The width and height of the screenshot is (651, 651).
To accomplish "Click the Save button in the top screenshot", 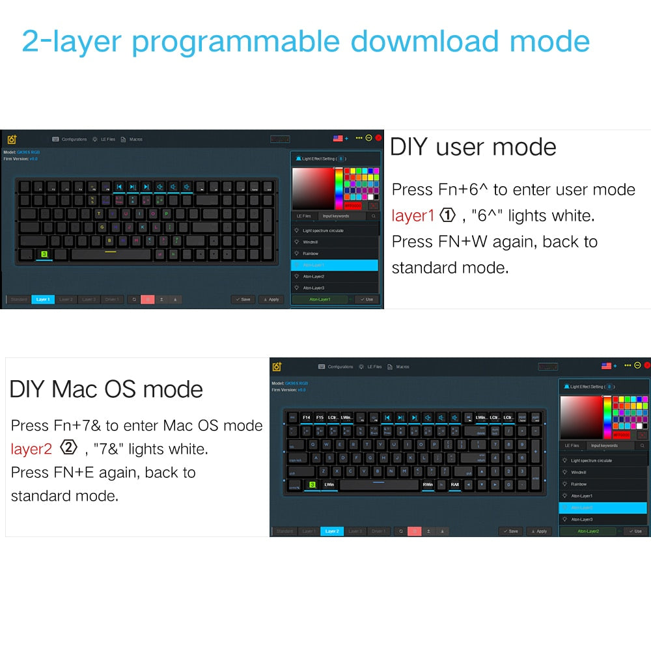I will point(243,299).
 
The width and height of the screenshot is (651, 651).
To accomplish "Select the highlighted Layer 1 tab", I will point(43,299).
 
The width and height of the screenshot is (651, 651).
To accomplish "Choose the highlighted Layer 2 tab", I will point(331,531).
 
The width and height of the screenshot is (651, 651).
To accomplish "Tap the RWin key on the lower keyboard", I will point(428,485).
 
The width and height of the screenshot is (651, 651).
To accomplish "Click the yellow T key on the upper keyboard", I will point(98,213).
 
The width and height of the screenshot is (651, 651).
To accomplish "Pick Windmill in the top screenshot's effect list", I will point(311,242).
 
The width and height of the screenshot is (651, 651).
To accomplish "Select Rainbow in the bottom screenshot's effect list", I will point(579,484).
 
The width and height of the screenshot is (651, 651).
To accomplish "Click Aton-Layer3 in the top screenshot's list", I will point(313,288).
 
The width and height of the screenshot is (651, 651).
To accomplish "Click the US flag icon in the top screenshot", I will point(338,138).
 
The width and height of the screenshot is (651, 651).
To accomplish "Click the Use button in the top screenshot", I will point(367,299).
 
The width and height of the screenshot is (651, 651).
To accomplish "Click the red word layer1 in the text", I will point(413,215).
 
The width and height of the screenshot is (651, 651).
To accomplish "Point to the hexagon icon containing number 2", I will point(69,447).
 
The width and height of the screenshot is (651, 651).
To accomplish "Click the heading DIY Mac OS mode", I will point(106,389).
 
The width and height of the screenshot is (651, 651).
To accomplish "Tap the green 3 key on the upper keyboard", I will point(44,254).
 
